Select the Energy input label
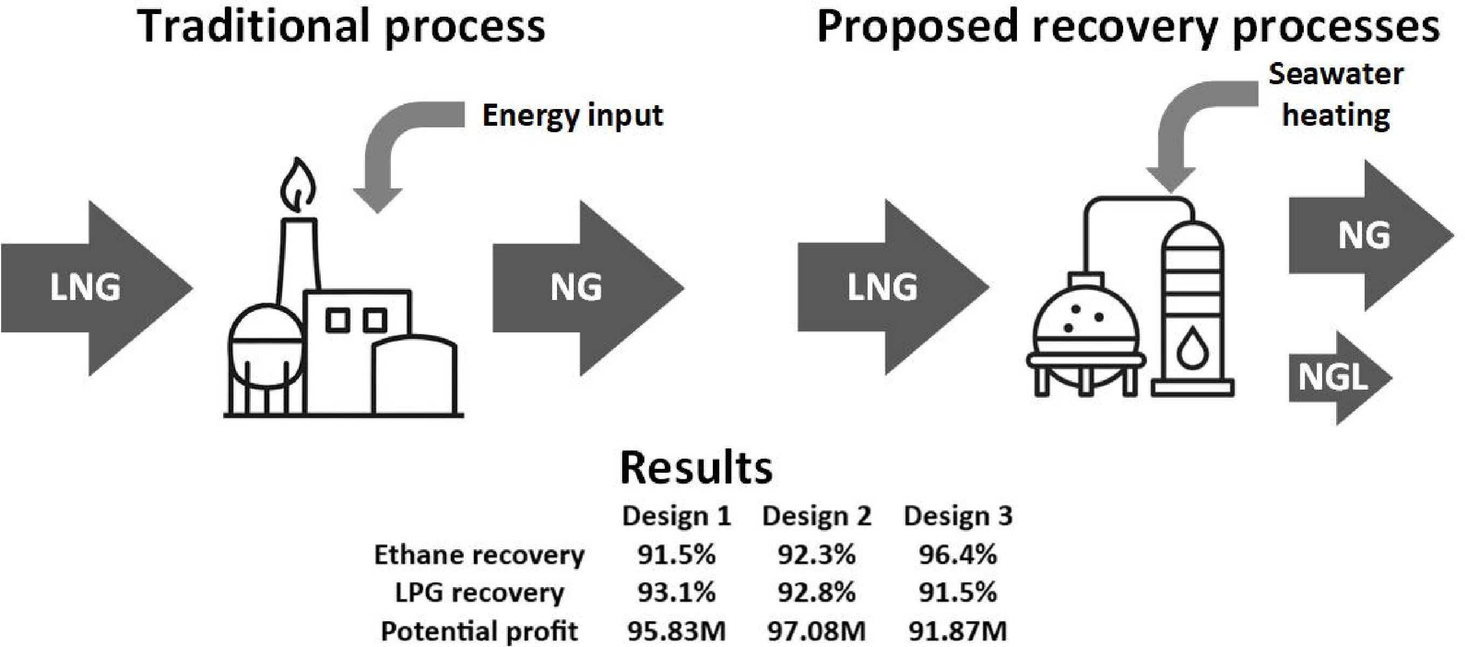[x=572, y=116]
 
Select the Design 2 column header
[x=816, y=516]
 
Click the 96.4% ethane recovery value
[x=958, y=554]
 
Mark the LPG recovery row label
[x=479, y=593]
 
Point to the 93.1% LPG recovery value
[x=676, y=593]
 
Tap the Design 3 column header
[x=958, y=516]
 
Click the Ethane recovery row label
[x=479, y=555]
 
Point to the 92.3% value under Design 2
[x=816, y=554]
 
